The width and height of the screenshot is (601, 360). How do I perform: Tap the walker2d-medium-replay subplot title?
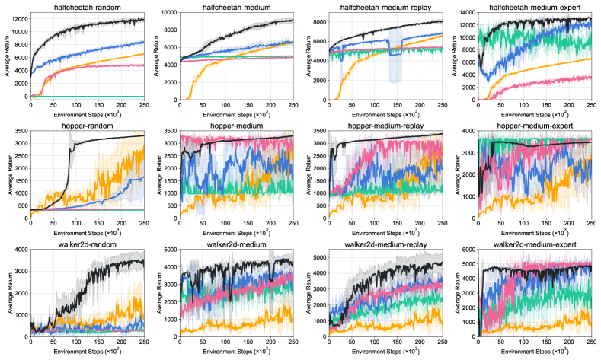(381, 244)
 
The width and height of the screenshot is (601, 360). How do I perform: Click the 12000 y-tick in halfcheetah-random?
(18, 20)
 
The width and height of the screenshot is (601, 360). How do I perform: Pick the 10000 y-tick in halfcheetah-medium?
(166, 13)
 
